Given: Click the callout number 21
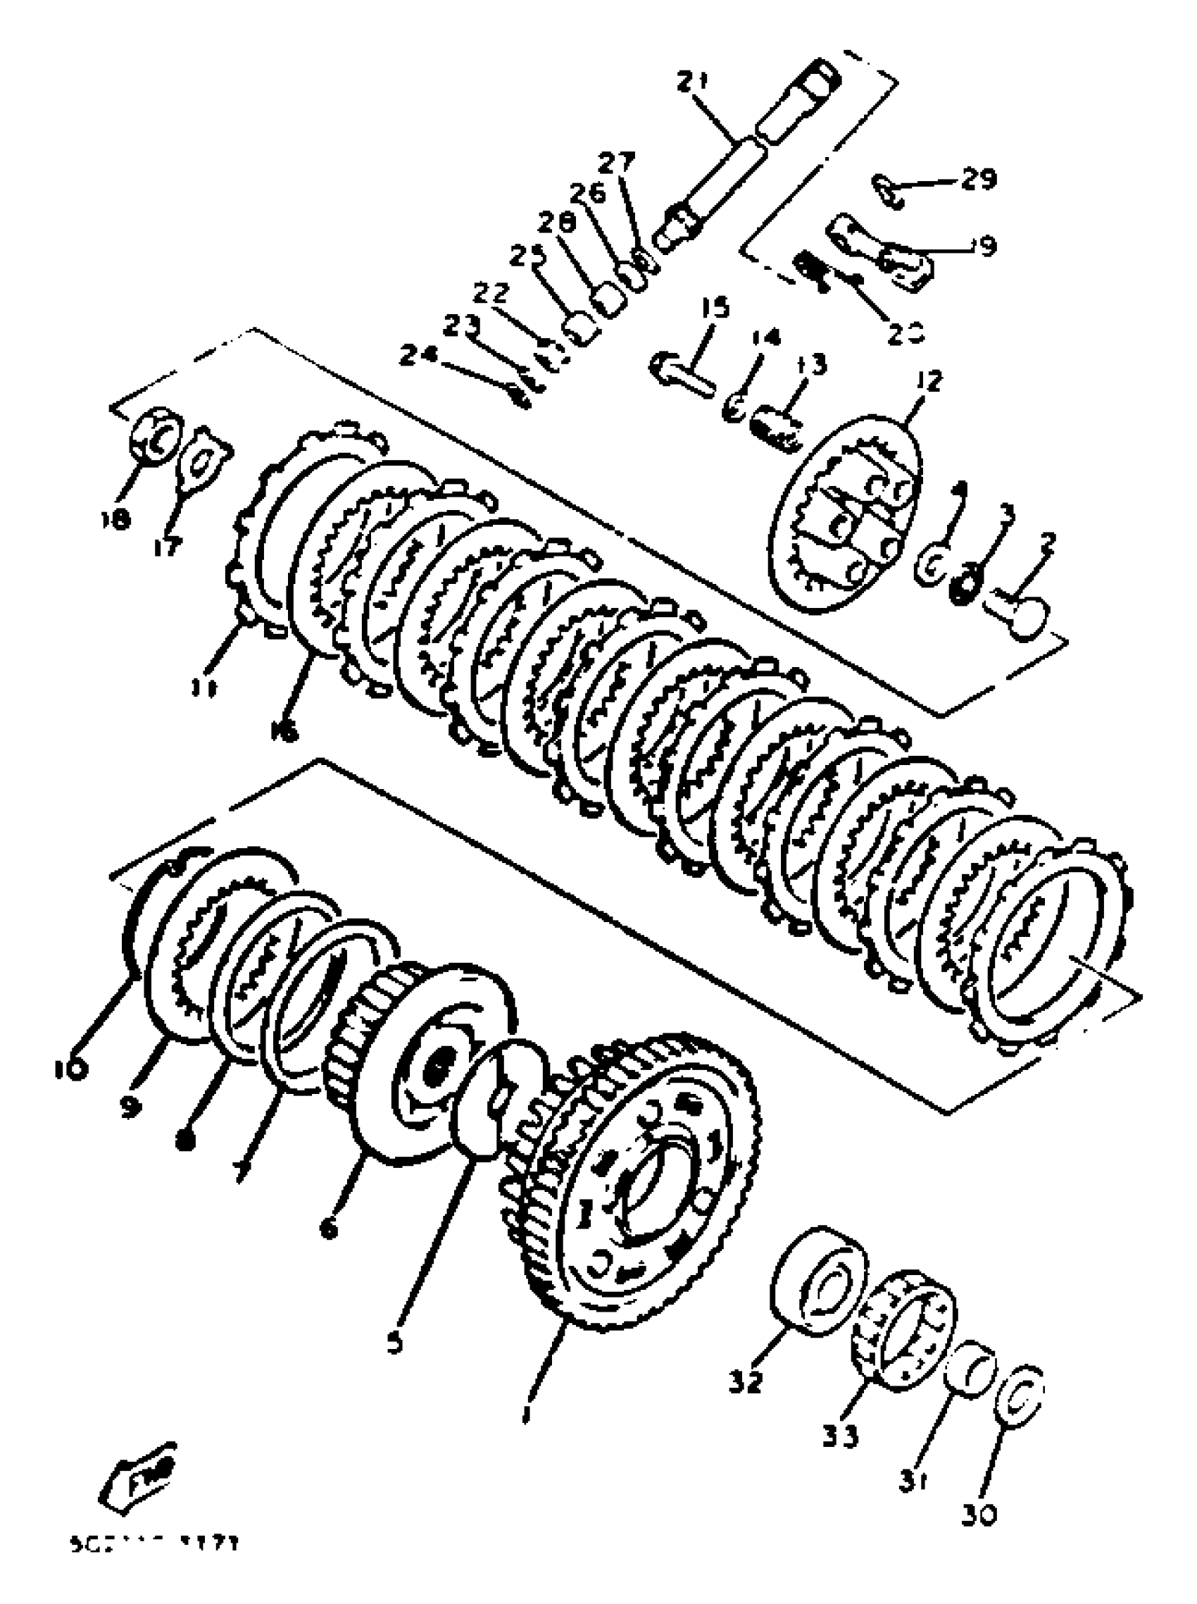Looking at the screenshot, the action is [x=696, y=81].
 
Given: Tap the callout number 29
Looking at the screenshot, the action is [x=979, y=178].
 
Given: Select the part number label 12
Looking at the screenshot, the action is [x=929, y=379].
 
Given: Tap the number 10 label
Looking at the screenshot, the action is [x=70, y=1069].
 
